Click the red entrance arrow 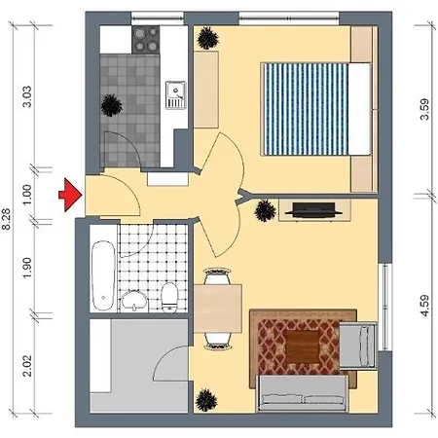[x=69, y=195]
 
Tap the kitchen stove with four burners [x=146, y=39]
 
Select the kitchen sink [x=175, y=94]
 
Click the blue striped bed [x=316, y=109]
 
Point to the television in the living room [x=313, y=210]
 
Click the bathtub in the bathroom [x=103, y=275]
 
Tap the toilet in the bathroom [x=169, y=297]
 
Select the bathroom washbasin [x=134, y=301]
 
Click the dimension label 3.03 [x=27, y=96]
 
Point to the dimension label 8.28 [x=7, y=219]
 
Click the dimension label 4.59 [x=424, y=306]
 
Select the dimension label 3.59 [x=424, y=109]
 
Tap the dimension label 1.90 [x=27, y=268]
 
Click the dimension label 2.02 [x=27, y=365]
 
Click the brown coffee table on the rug [x=303, y=347]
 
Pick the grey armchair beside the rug [x=357, y=346]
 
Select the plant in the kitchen [x=111, y=105]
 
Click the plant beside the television [x=266, y=211]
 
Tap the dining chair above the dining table [x=217, y=275]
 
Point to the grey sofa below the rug [x=303, y=393]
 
